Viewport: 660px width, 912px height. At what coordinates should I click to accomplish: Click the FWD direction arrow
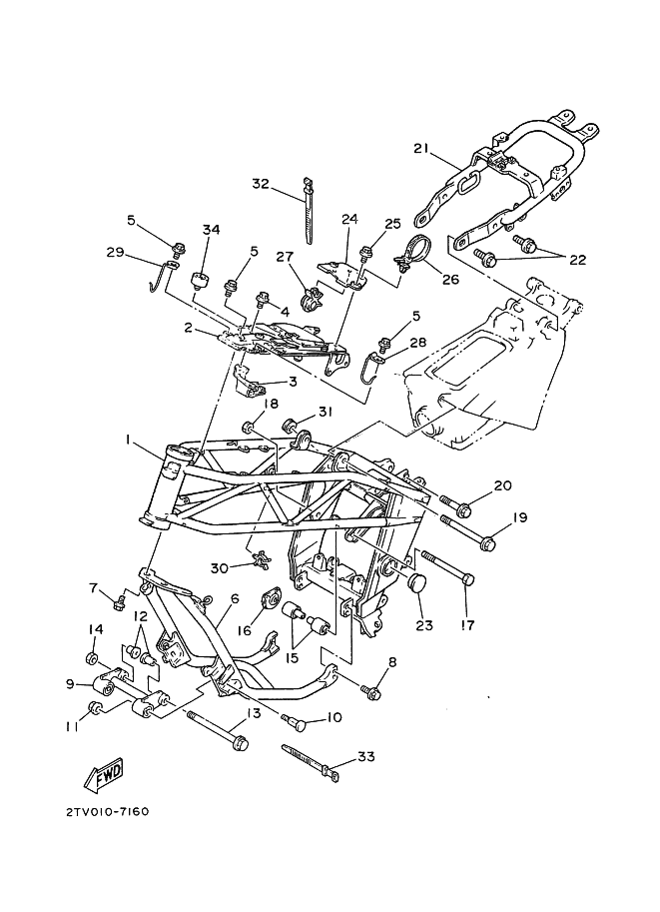click(x=105, y=777)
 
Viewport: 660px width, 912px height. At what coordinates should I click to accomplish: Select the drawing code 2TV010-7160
click(x=108, y=811)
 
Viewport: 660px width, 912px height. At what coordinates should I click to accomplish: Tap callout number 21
click(x=420, y=148)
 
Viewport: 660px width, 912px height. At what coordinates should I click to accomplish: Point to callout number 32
click(x=261, y=183)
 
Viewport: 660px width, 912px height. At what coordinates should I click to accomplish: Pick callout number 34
click(x=211, y=230)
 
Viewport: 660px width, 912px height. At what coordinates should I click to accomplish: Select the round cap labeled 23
click(x=421, y=582)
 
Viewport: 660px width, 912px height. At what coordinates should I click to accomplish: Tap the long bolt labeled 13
click(x=218, y=729)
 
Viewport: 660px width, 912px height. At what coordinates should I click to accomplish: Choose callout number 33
click(x=366, y=757)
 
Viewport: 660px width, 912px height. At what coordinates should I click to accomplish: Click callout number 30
click(x=220, y=567)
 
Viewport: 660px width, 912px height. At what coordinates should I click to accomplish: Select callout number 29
click(x=115, y=252)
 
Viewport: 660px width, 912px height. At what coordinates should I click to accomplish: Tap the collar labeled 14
click(x=92, y=659)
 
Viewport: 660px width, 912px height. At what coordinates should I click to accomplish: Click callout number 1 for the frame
click(x=127, y=441)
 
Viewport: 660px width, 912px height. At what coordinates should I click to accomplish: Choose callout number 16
click(x=244, y=630)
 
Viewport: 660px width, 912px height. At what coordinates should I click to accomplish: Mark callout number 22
click(x=577, y=260)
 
